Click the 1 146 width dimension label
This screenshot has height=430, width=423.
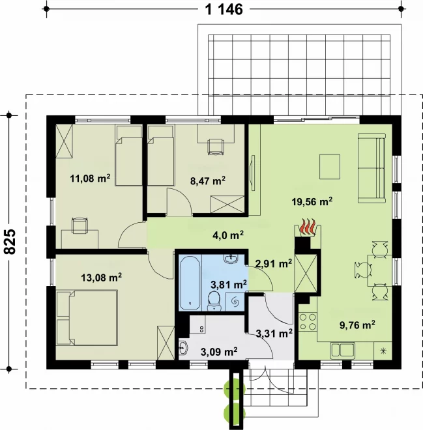pyautogui.click(x=224, y=9)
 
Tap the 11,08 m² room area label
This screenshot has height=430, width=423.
pyautogui.click(x=90, y=179)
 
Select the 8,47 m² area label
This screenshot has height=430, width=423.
pyautogui.click(x=208, y=180)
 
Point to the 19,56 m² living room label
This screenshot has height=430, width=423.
pyautogui.click(x=312, y=201)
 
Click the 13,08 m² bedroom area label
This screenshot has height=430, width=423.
pyautogui.click(x=101, y=278)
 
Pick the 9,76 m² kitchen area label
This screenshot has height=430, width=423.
pyautogui.click(x=357, y=325)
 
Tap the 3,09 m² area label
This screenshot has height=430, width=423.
pyautogui.click(x=219, y=351)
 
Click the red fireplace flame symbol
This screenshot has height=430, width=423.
pyautogui.click(x=307, y=227)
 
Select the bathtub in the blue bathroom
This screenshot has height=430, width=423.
pyautogui.click(x=190, y=283)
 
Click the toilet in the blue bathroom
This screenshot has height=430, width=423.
pyautogui.click(x=214, y=300)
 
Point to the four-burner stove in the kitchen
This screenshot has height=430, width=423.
pyautogui.click(x=308, y=322)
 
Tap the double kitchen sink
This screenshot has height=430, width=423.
pyautogui.click(x=342, y=350)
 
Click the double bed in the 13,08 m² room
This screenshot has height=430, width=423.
pyautogui.click(x=87, y=317)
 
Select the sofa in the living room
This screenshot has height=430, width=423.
pyautogui.click(x=372, y=168)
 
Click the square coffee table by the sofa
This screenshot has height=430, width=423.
pyautogui.click(x=329, y=166)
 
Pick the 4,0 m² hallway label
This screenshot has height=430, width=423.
pyautogui.click(x=228, y=235)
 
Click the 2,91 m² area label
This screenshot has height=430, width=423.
pyautogui.click(x=274, y=264)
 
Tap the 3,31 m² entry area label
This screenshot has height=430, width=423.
pyautogui.click(x=274, y=333)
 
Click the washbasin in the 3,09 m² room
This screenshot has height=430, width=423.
pyautogui.click(x=184, y=348)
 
